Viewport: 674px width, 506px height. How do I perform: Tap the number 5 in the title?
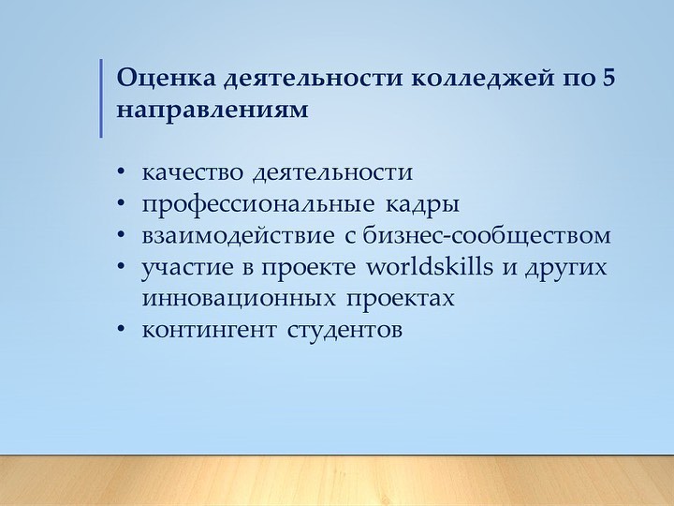coord(608,78)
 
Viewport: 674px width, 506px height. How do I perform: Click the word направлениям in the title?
coord(212,111)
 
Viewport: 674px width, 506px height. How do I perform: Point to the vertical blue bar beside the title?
coord(101,98)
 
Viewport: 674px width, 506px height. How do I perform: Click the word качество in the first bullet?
coord(193,173)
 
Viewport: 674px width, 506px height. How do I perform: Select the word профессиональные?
coord(258,205)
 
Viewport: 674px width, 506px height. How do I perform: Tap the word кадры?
coord(422,205)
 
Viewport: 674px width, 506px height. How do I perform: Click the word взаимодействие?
coord(238,236)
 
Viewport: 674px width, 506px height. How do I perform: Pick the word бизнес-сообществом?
coord(487,236)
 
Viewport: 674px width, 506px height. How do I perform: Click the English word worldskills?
coord(430,266)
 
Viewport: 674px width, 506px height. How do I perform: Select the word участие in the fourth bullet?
coord(188,268)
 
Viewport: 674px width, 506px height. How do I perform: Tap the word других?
coord(565,269)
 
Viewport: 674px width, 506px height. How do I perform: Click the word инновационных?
coord(239,299)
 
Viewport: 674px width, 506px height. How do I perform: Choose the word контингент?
coord(210,331)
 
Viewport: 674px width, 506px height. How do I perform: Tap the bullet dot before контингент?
coord(121,329)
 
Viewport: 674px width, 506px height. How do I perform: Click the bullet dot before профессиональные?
coord(121,202)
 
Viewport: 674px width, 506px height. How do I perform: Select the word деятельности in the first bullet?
coord(333,173)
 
